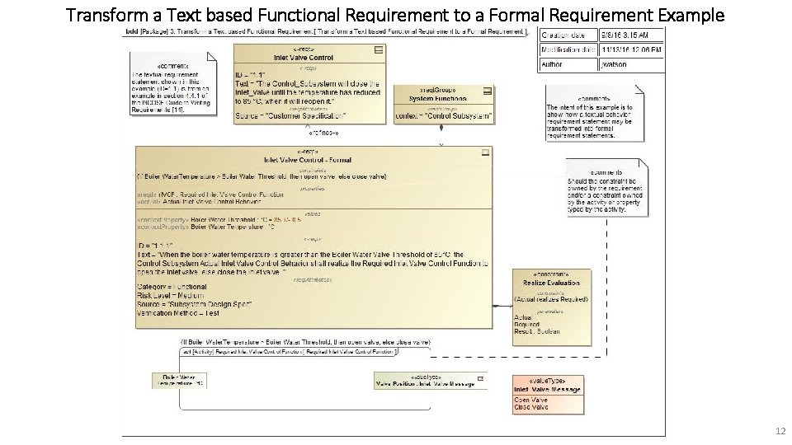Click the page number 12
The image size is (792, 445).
click(x=780, y=431)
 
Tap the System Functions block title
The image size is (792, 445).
click(x=437, y=99)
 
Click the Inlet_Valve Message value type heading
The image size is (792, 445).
click(x=547, y=389)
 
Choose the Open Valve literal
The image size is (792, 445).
click(x=530, y=400)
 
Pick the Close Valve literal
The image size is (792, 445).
click(x=530, y=407)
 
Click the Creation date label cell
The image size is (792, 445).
click(x=565, y=35)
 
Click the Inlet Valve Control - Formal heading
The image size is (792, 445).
click(x=307, y=160)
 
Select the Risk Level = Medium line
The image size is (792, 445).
click(x=172, y=295)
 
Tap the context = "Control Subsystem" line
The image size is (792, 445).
click(x=445, y=116)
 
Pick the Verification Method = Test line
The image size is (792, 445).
click(x=178, y=313)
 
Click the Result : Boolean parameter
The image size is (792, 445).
click(x=537, y=331)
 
